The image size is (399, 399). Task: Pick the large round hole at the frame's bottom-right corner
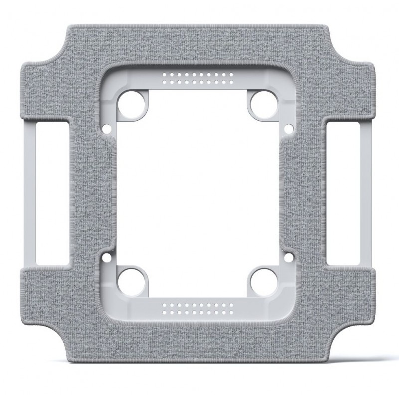tap(260, 278)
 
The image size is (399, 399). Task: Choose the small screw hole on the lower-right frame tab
tap(288, 258)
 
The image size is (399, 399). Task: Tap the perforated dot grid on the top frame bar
tap(198, 78)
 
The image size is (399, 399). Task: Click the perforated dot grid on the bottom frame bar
tap(198, 306)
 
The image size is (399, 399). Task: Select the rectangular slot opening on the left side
tap(52, 193)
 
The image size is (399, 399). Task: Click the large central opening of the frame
tap(198, 192)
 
